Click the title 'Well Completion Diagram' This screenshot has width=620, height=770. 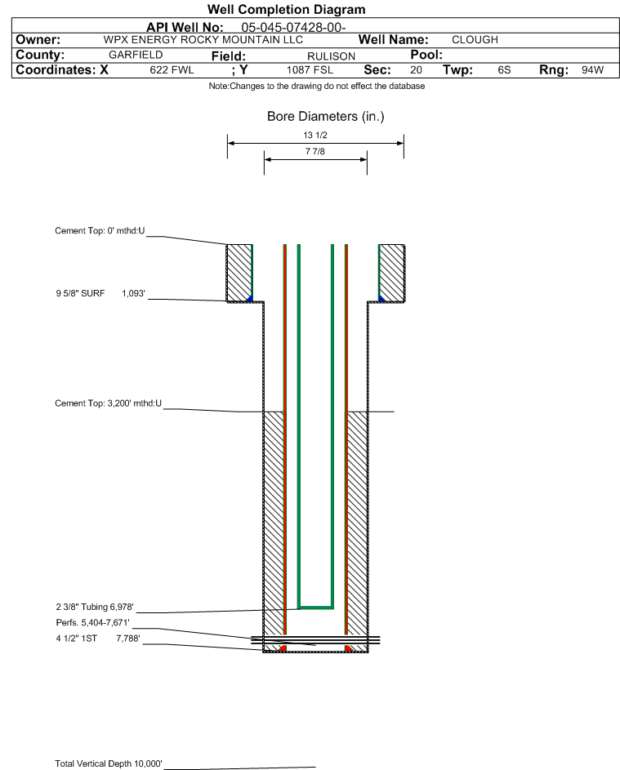287,9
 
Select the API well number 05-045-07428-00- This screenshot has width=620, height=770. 294,28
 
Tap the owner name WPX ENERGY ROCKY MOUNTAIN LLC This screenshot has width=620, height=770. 203,40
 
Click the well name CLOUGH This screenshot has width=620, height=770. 475,40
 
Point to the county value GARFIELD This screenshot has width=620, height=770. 136,55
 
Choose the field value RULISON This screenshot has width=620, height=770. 331,56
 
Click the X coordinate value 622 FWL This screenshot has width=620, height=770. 172,70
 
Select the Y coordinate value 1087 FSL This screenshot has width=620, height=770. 310,70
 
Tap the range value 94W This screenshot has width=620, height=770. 592,70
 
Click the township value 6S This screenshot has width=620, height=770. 504,70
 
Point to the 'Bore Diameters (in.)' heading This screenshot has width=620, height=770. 326,117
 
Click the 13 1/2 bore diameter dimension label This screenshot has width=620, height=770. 315,135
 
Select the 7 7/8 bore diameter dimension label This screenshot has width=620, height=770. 315,152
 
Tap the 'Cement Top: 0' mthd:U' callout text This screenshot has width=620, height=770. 100,231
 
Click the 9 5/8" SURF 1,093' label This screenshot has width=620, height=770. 100,294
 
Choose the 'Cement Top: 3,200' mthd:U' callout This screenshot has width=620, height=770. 108,403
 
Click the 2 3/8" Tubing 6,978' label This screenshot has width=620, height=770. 95,607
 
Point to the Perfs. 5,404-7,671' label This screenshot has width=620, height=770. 93,623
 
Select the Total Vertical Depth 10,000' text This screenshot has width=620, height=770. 109,763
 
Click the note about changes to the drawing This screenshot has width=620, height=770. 317,87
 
